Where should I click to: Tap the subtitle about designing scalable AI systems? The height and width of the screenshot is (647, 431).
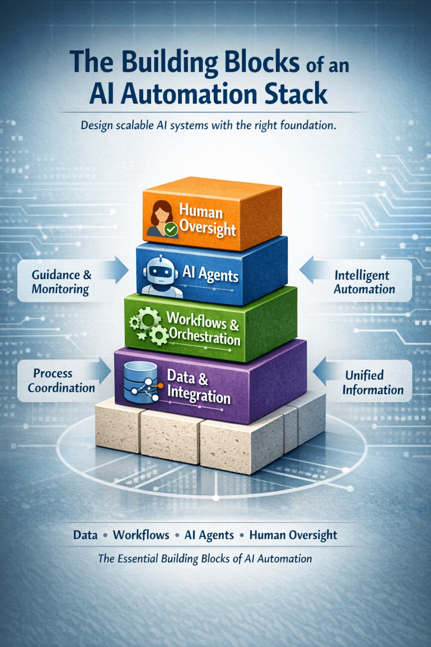[208, 125]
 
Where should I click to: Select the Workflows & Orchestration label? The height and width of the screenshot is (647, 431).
[204, 329]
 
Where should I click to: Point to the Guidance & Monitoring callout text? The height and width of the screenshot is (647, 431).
[61, 282]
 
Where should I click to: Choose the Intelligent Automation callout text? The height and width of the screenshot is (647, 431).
[364, 282]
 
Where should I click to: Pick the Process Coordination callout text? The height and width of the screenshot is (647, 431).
[61, 380]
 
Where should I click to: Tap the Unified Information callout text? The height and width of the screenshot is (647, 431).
[372, 382]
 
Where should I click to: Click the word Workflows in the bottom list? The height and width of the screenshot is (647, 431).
[141, 535]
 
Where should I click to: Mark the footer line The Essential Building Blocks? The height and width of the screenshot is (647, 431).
[205, 559]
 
